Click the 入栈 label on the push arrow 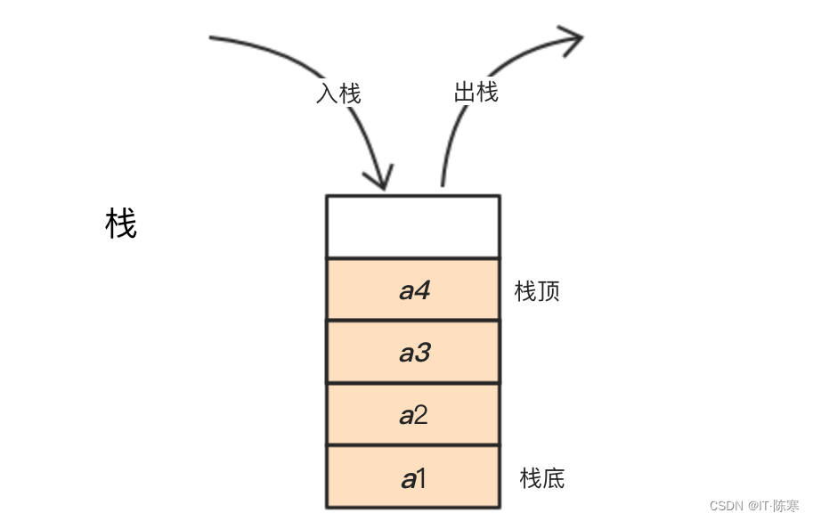pyautogui.click(x=338, y=93)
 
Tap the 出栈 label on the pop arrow pyautogui.click(x=476, y=92)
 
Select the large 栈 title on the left pyautogui.click(x=121, y=224)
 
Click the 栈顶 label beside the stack pyautogui.click(x=537, y=291)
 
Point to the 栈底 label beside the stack pyautogui.click(x=541, y=478)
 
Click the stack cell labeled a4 pyautogui.click(x=413, y=289)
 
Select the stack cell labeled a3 pyautogui.click(x=413, y=353)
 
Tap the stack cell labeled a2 pyautogui.click(x=413, y=415)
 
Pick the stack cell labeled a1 pyautogui.click(x=413, y=478)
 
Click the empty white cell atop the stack pyautogui.click(x=413, y=227)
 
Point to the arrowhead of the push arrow pyautogui.click(x=382, y=178)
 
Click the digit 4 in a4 pyautogui.click(x=423, y=289)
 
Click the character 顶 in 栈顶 pyautogui.click(x=549, y=291)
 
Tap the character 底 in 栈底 pyautogui.click(x=553, y=478)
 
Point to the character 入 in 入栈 pyautogui.click(x=327, y=93)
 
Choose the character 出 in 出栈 pyautogui.click(x=464, y=92)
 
